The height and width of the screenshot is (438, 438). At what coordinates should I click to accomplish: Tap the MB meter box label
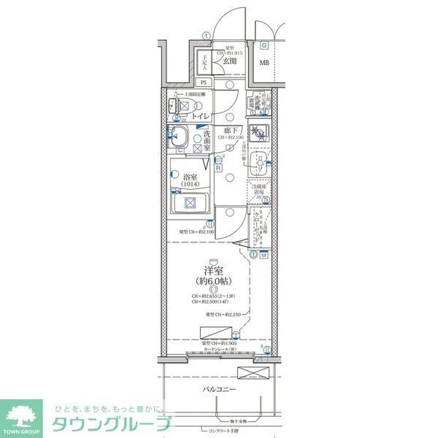(x=264, y=62)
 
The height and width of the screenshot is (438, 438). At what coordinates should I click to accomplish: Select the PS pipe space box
(x=204, y=82)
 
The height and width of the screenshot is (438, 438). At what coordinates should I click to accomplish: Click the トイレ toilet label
(x=201, y=116)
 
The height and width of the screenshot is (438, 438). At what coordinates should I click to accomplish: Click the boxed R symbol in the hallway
(x=218, y=167)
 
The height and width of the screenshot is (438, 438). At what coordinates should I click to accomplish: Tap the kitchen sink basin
(x=258, y=164)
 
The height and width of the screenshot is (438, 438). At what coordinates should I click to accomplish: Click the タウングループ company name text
(x=111, y=425)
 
